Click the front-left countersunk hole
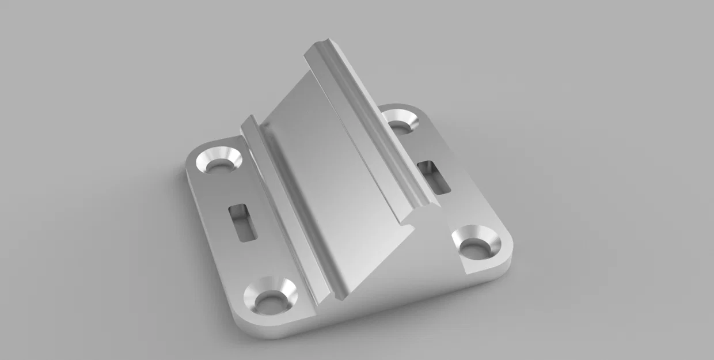point(270,295)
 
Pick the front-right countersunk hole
point(476,243)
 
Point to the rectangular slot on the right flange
point(435,176)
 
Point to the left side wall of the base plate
point(207,242)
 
